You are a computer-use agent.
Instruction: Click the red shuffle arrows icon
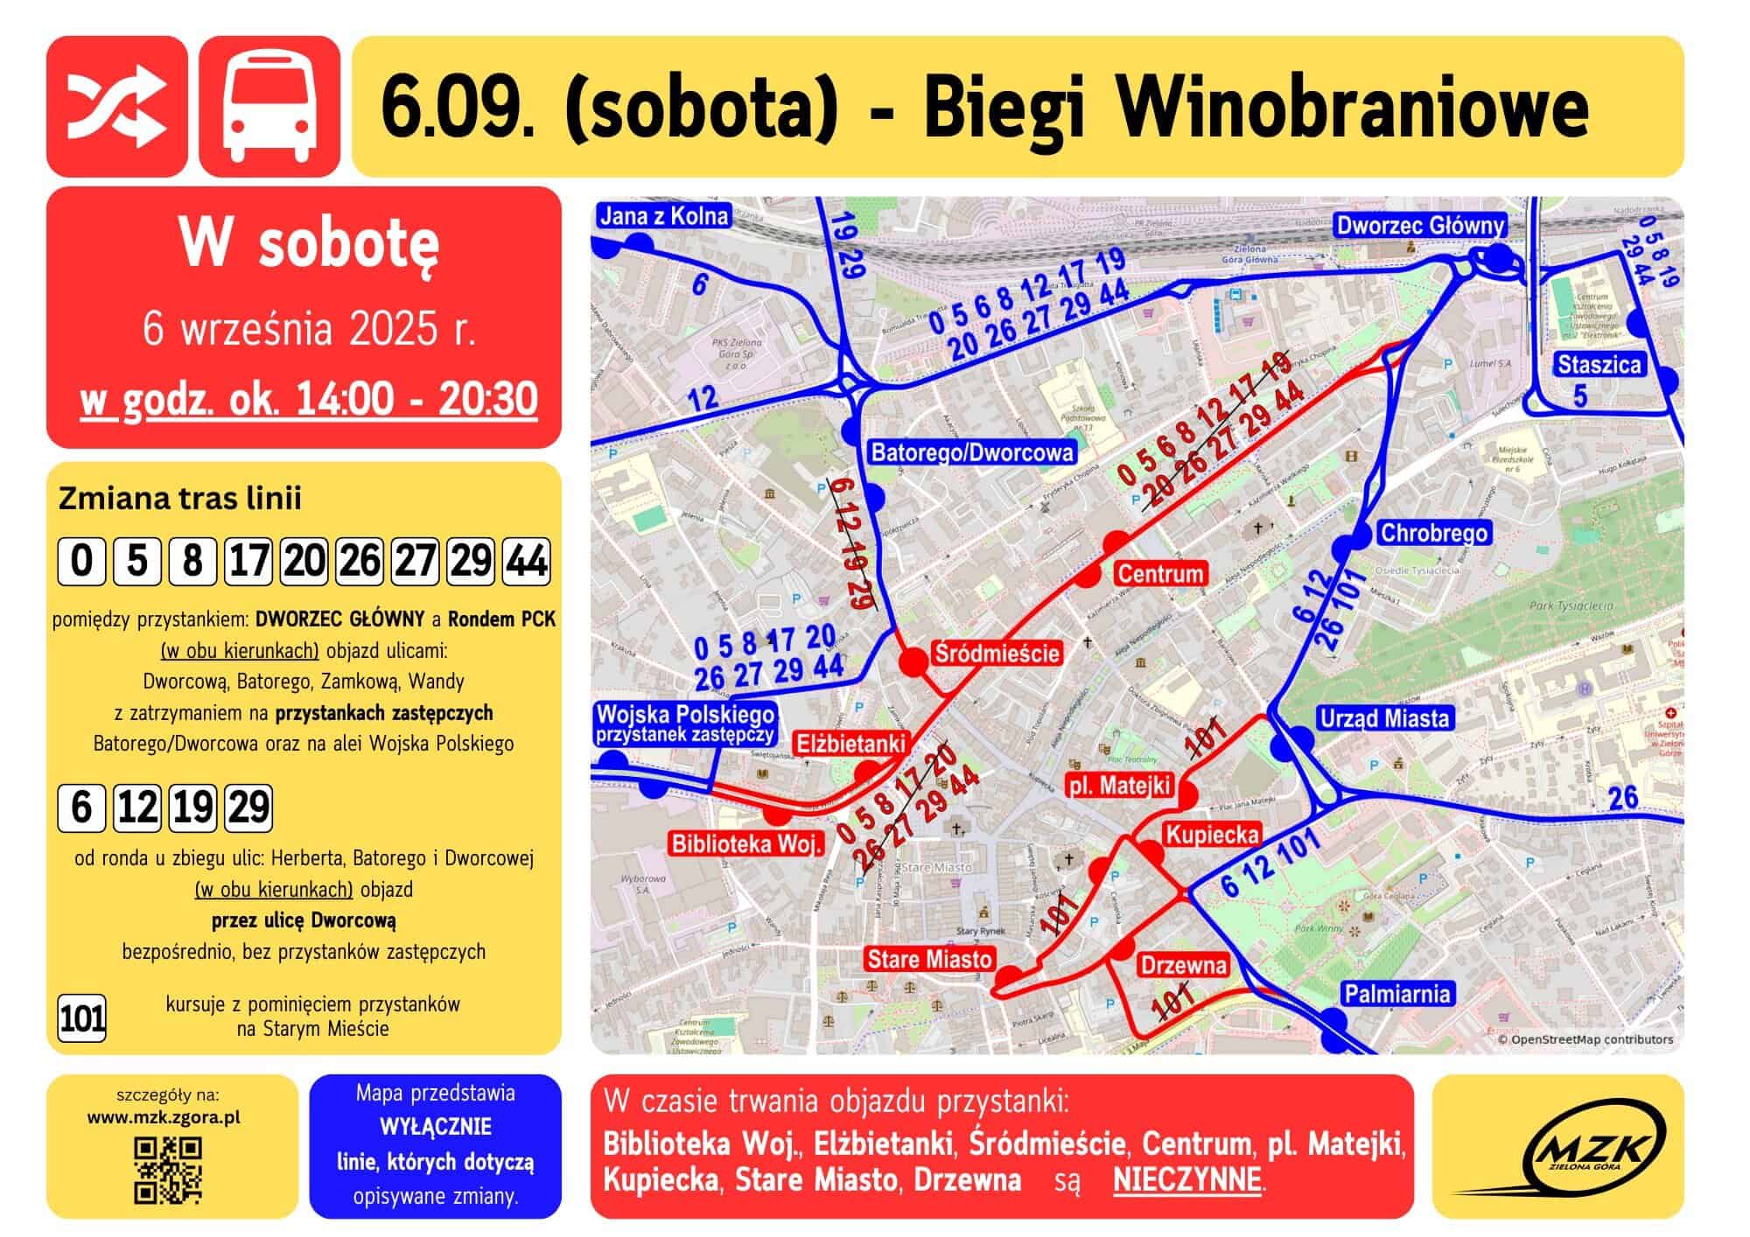click(116, 106)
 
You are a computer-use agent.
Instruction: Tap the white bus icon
click(269, 106)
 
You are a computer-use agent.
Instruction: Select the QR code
click(168, 1170)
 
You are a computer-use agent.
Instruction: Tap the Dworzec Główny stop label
click(1420, 226)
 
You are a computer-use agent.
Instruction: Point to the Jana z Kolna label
click(664, 215)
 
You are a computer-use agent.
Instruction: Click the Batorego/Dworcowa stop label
click(972, 452)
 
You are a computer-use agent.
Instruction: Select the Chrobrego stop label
click(1433, 532)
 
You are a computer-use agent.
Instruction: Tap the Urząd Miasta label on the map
click(1384, 718)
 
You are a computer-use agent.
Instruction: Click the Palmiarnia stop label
click(1397, 993)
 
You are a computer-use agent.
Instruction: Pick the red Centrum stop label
click(1160, 574)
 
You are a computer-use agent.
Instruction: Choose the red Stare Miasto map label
click(929, 960)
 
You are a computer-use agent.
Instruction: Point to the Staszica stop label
click(1599, 365)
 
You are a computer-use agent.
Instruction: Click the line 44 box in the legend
click(526, 561)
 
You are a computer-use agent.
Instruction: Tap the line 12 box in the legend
click(136, 807)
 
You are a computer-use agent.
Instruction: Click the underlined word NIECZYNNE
click(1187, 1179)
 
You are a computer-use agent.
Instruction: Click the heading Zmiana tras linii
click(179, 499)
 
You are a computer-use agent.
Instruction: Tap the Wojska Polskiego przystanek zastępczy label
click(685, 723)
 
